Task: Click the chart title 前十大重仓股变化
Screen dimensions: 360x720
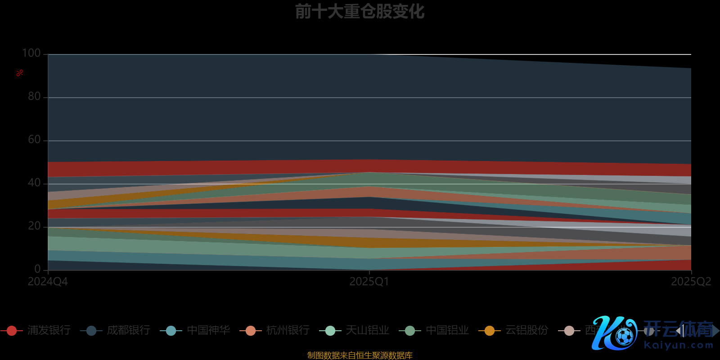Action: coord(360,12)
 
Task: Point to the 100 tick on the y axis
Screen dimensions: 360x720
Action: coord(31,53)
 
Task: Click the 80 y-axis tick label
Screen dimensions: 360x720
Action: coord(34,96)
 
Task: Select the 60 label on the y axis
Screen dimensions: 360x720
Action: coord(34,139)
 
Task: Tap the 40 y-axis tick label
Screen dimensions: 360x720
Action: coord(34,183)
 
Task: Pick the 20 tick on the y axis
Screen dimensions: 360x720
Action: coord(34,226)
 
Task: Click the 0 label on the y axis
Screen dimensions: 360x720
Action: coord(37,269)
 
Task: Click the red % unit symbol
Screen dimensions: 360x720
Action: coord(20,73)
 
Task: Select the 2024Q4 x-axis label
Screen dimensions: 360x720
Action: coord(48,282)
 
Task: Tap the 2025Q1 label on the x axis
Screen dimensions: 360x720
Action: coord(369,282)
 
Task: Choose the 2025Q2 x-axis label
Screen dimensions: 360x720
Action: coord(691,282)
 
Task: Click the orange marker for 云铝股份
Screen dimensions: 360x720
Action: coord(489,331)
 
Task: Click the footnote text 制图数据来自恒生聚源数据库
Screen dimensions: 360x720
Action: coord(360,355)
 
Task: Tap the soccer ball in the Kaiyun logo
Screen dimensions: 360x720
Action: coord(624,336)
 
